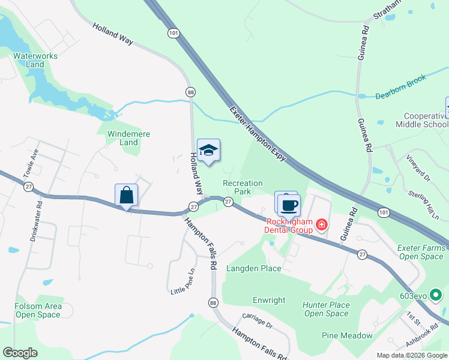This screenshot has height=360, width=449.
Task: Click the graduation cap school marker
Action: point(208,151)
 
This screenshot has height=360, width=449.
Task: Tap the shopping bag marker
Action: point(126,195)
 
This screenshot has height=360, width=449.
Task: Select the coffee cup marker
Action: point(289,205)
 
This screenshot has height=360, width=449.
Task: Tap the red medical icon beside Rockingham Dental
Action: point(322,225)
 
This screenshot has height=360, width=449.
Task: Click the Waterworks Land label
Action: point(35,60)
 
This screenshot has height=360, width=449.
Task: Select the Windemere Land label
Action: point(128,138)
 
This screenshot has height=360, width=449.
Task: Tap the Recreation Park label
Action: point(243,187)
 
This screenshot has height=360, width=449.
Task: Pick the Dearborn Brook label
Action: point(401,87)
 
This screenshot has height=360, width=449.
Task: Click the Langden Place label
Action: point(253,268)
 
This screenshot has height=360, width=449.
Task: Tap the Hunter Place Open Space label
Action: point(326,309)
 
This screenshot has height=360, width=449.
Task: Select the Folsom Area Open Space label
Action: point(38,310)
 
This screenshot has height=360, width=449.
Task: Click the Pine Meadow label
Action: point(347,335)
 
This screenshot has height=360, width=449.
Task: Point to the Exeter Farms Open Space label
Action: point(421,252)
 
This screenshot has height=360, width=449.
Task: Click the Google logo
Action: point(20,353)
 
